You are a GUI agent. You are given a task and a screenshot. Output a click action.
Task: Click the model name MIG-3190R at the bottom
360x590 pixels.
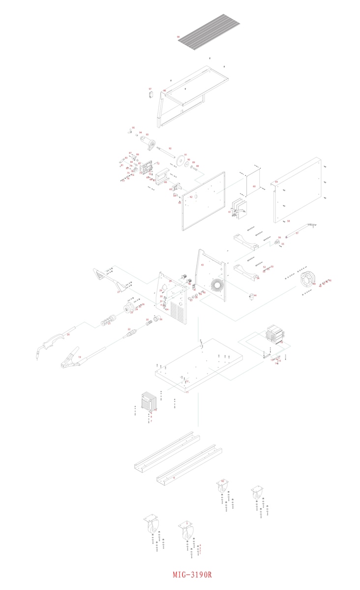192,575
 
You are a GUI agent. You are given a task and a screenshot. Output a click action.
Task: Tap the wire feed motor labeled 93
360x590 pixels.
147,143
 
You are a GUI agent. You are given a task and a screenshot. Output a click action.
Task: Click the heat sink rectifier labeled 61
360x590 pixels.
239,208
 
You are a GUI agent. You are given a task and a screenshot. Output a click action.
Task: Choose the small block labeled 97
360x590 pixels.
150,93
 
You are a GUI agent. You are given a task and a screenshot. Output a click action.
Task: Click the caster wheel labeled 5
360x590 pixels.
187,533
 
